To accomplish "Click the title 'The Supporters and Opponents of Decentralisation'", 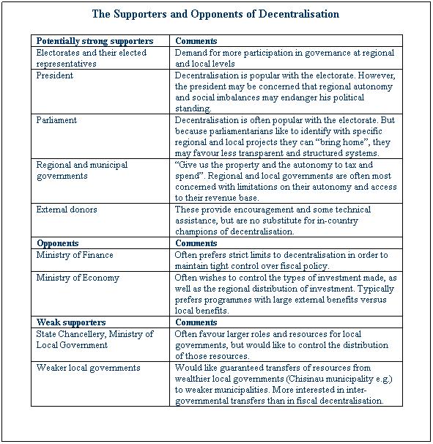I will pyautogui.click(x=215, y=14).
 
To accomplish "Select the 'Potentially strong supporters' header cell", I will pyautogui.click(x=95, y=41).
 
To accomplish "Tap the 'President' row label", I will pyautogui.click(x=54, y=75).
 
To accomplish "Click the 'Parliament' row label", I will pyautogui.click(x=56, y=119).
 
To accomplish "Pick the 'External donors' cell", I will pyautogui.click(x=67, y=210).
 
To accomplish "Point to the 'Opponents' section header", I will pyautogui.click(x=58, y=243).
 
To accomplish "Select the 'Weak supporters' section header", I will pyautogui.click(x=71, y=322).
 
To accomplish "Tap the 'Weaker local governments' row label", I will pyautogui.click(x=88, y=368).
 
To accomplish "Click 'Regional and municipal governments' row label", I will pyautogui.click(x=81, y=170).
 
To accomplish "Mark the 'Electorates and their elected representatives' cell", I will pyautogui.click(x=91, y=58).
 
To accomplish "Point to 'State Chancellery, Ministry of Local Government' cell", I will pyautogui.click(x=95, y=339).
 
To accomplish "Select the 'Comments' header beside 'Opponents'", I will pyautogui.click(x=196, y=243).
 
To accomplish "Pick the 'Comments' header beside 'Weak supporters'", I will pyautogui.click(x=196, y=322).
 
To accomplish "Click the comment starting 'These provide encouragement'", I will pyautogui.click(x=284, y=221).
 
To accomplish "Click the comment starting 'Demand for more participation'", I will pyautogui.click(x=284, y=58).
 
